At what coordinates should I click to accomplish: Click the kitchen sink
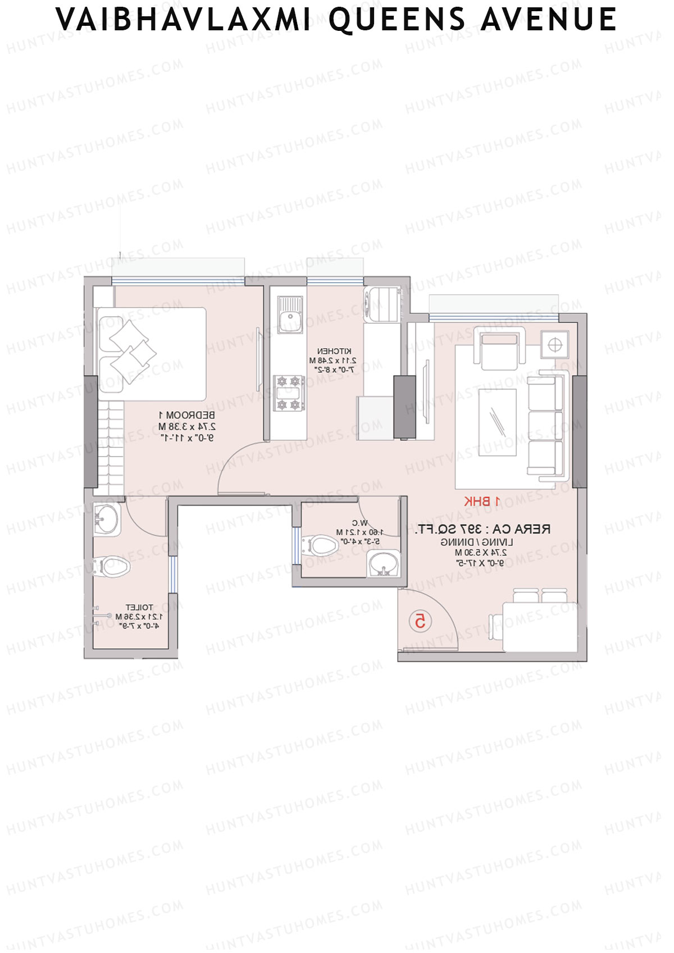pos(290,314)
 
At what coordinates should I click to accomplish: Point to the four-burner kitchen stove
pos(289,393)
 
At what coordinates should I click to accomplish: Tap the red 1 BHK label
pos(482,501)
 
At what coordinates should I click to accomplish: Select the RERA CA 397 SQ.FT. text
pos(482,529)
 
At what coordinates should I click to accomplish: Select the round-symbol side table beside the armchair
pos(554,345)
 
